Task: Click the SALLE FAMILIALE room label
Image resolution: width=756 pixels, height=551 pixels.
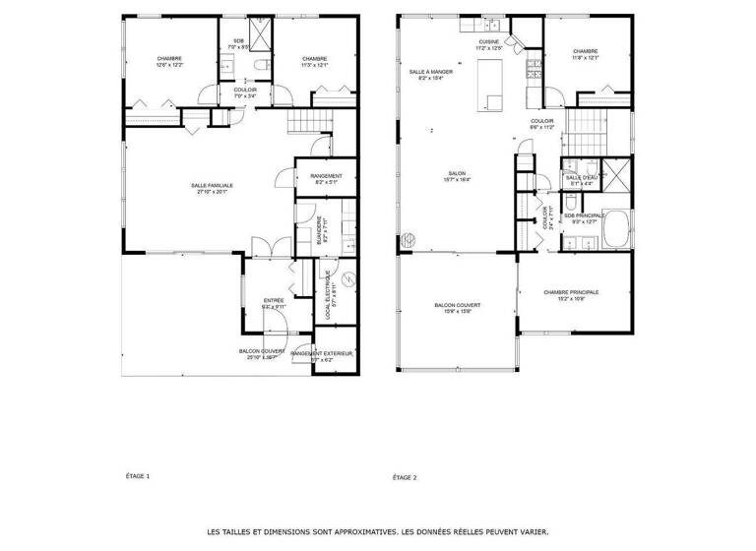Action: coord(212,185)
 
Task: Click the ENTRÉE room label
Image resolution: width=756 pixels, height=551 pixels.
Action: coord(274,300)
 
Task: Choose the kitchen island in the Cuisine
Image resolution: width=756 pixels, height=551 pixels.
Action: coord(489,85)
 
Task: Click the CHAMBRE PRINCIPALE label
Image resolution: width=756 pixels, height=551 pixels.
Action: coord(571,292)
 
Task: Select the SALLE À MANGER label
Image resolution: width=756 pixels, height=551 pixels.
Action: coord(431,72)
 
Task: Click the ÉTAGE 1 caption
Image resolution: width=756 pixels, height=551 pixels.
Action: coord(139,476)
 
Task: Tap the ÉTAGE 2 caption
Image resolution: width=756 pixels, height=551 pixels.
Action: coord(405,477)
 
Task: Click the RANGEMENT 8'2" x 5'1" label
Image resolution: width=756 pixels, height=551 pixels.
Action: coord(326,179)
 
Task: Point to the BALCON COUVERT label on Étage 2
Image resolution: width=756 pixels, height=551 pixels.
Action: coord(454,306)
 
